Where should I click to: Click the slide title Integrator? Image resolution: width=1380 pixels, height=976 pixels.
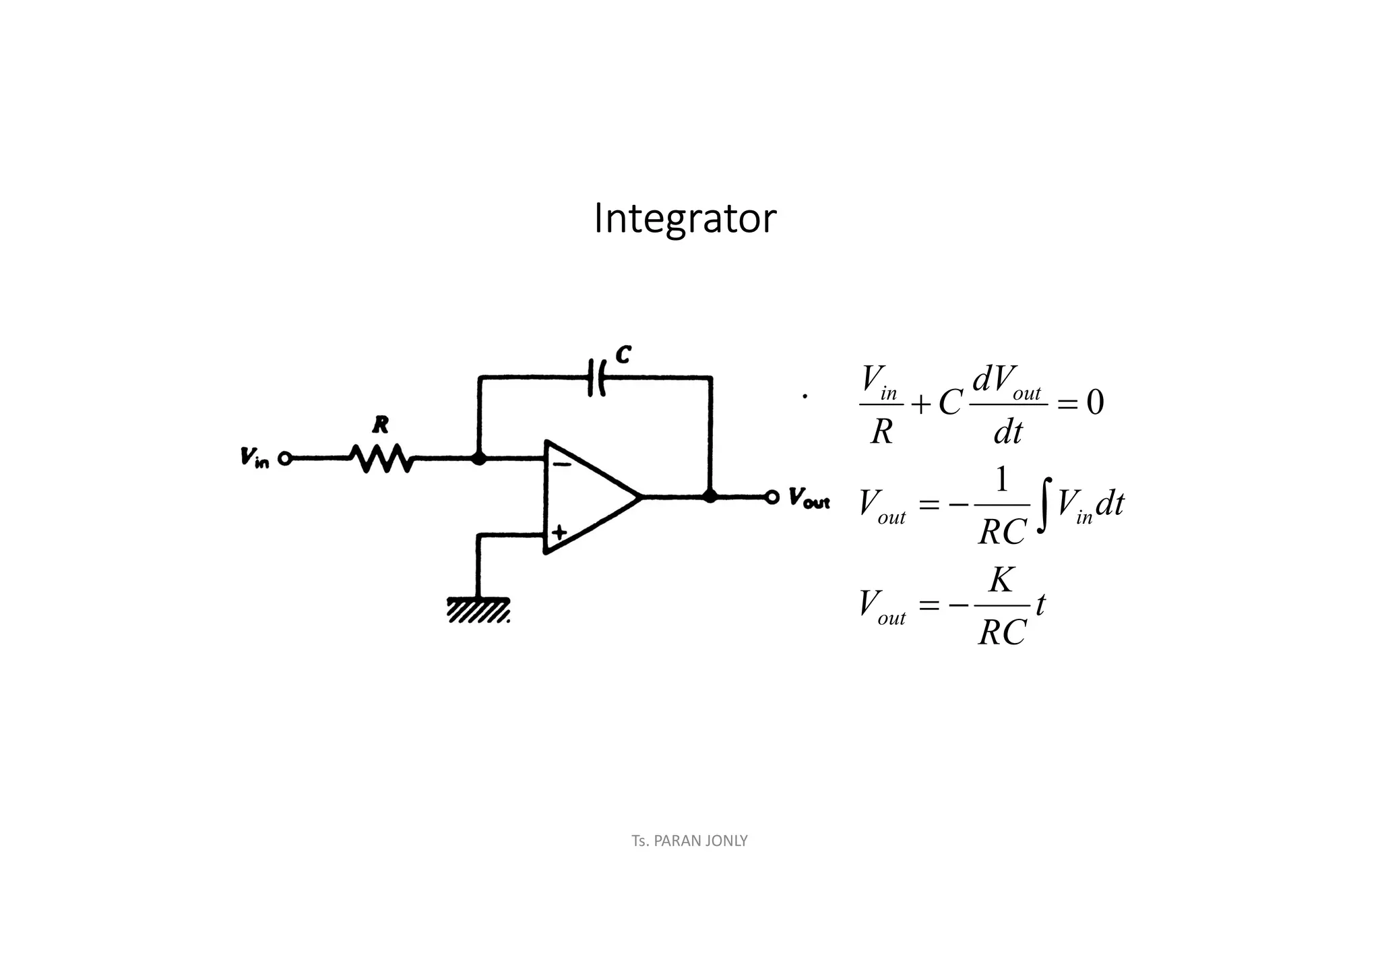(685, 219)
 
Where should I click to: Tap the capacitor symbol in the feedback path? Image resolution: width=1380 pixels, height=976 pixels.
(597, 377)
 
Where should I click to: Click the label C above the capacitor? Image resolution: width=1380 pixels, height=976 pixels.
(623, 355)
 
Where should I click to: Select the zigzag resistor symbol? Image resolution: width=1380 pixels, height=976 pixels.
(381, 458)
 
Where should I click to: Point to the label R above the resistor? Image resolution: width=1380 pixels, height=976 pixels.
(381, 425)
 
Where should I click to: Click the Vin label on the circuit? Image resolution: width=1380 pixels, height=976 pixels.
(254, 458)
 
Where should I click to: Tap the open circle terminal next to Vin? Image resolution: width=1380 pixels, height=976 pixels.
(284, 459)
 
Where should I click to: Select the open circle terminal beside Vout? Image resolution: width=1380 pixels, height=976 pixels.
(772, 497)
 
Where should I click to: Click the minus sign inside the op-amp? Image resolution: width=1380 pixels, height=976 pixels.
(561, 464)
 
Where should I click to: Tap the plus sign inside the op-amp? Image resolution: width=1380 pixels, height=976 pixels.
(559, 533)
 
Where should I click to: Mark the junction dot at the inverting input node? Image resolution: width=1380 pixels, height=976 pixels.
(478, 459)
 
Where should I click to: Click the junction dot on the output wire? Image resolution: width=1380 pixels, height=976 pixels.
(710, 497)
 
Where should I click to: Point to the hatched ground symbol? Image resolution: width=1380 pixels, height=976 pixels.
(478, 610)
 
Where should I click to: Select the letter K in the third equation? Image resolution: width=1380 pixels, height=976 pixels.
(1001, 580)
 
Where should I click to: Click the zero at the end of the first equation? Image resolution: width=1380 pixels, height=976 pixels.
(1095, 403)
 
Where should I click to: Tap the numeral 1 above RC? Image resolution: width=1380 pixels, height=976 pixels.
(1002, 481)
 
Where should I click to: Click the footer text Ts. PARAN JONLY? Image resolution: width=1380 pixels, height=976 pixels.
(689, 841)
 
